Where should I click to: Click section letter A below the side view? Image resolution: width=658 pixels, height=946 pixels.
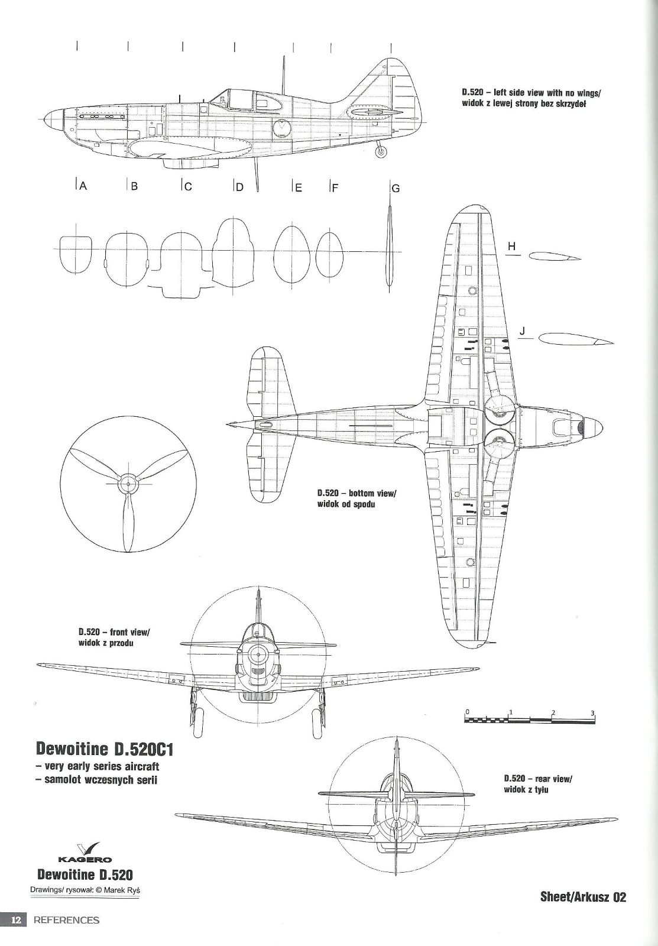[83, 186]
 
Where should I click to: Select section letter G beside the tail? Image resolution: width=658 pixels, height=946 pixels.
[396, 189]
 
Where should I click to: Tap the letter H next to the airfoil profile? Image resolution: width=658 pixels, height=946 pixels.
[512, 247]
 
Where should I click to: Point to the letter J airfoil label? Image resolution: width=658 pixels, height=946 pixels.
[522, 332]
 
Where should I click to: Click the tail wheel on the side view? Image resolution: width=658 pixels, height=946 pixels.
[381, 152]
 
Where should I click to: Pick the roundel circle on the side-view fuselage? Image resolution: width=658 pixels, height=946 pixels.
[283, 127]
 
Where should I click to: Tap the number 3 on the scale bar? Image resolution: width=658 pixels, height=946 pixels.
[592, 712]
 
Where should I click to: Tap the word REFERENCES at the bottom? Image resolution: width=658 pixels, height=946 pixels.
[66, 920]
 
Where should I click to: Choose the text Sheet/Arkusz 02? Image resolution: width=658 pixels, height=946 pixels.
[582, 897]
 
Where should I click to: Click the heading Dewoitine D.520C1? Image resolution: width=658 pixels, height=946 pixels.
[107, 749]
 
